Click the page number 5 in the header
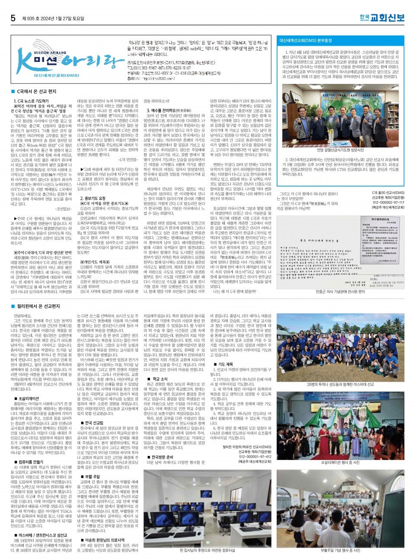tap(13, 18)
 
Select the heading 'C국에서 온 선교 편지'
tap(36, 92)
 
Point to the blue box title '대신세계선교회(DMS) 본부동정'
tap(306, 41)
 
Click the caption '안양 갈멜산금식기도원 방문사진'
tap(341, 150)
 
